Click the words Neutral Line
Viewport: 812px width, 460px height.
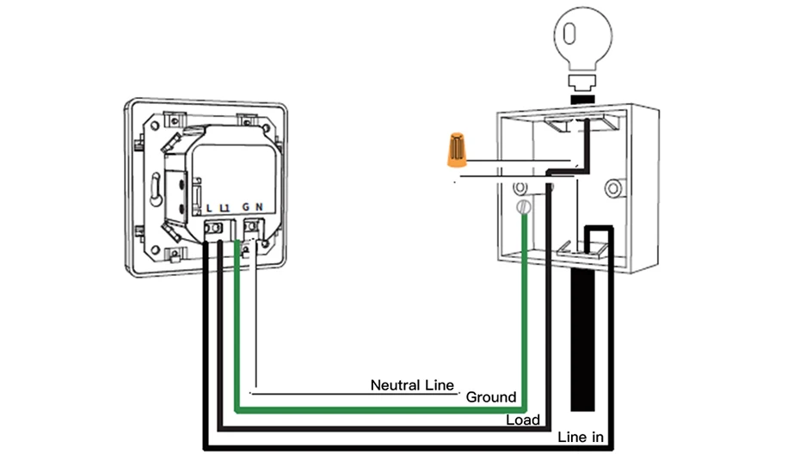pyautogui.click(x=411, y=385)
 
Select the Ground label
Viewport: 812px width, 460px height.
pyautogui.click(x=490, y=397)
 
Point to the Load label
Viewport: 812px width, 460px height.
pyautogui.click(x=522, y=420)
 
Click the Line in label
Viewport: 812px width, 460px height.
pyautogui.click(x=581, y=438)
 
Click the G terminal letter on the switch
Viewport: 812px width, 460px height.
pyautogui.click(x=244, y=207)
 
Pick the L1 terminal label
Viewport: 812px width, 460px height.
pyautogui.click(x=225, y=207)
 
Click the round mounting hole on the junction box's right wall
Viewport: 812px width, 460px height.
pyautogui.click(x=612, y=187)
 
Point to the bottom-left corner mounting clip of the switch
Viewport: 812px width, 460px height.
pyautogui.click(x=173, y=254)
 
